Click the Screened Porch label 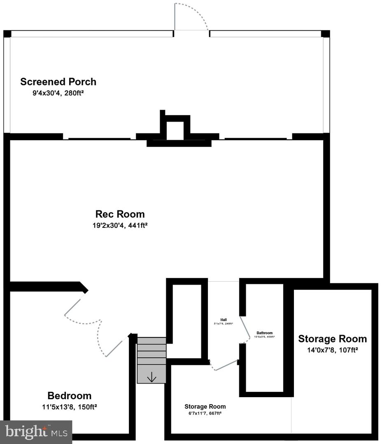[58, 82]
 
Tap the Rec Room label [120, 214]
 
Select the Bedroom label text [69, 396]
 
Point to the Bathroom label [264, 333]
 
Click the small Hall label [224, 319]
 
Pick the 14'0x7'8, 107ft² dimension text [332, 350]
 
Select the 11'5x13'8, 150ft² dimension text [69, 407]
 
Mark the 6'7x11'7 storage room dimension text [205, 414]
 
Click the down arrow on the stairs [151, 377]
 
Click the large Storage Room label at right [332, 339]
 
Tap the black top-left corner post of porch [7, 34]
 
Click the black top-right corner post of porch [325, 34]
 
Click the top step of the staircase [151, 341]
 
